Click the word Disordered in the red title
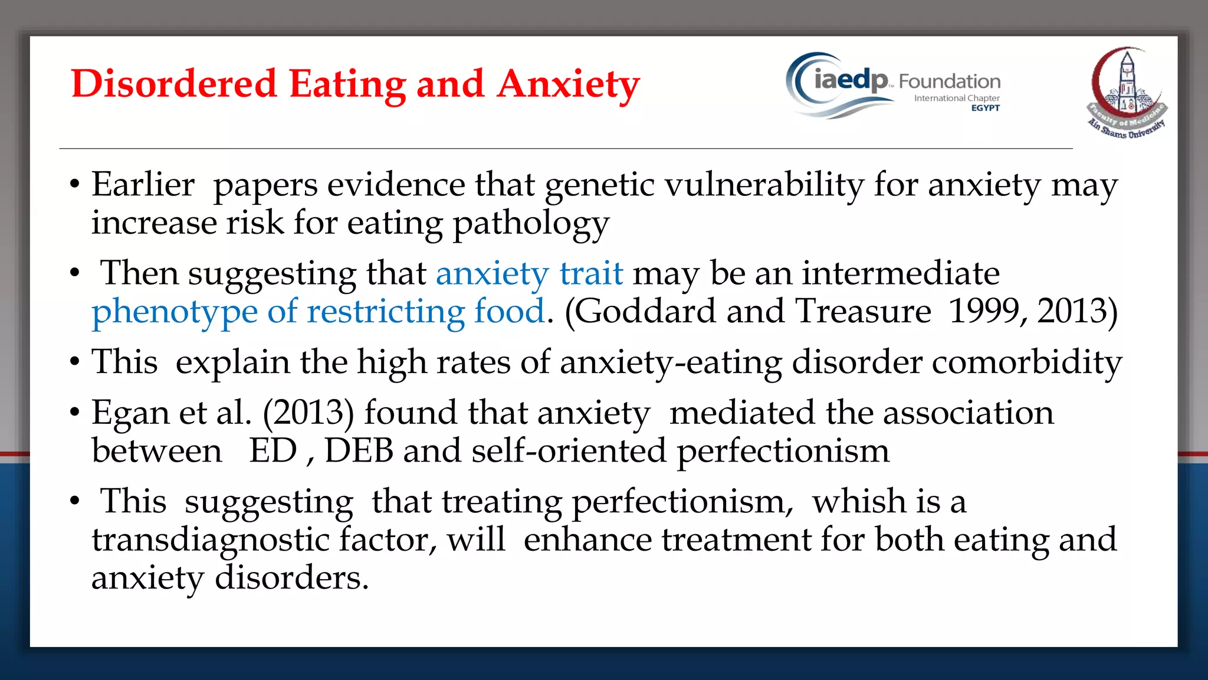(173, 84)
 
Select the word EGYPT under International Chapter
(985, 108)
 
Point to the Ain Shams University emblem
(1127, 93)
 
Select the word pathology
(530, 224)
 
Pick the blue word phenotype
(175, 312)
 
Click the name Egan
(130, 413)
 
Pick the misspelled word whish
(858, 501)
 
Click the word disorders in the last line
(291, 578)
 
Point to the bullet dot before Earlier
(74, 185)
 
